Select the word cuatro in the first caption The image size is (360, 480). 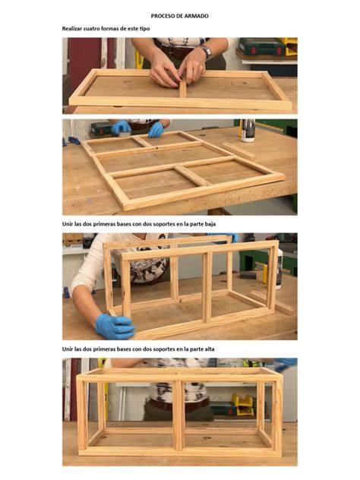(x=92, y=28)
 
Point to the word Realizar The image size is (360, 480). (x=72, y=28)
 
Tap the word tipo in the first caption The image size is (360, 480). (x=144, y=29)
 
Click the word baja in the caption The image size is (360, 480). (x=210, y=224)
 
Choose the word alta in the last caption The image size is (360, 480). (x=210, y=349)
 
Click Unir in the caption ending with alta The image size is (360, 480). (x=68, y=349)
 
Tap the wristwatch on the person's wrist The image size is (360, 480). (x=207, y=52)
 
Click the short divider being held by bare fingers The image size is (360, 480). (x=183, y=89)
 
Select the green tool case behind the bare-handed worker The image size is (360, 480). (x=263, y=47)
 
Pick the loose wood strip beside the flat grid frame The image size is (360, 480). (x=238, y=150)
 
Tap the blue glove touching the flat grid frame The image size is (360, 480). (x=156, y=130)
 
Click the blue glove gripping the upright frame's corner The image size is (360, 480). (x=115, y=327)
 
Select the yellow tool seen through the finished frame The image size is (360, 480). (x=243, y=404)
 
